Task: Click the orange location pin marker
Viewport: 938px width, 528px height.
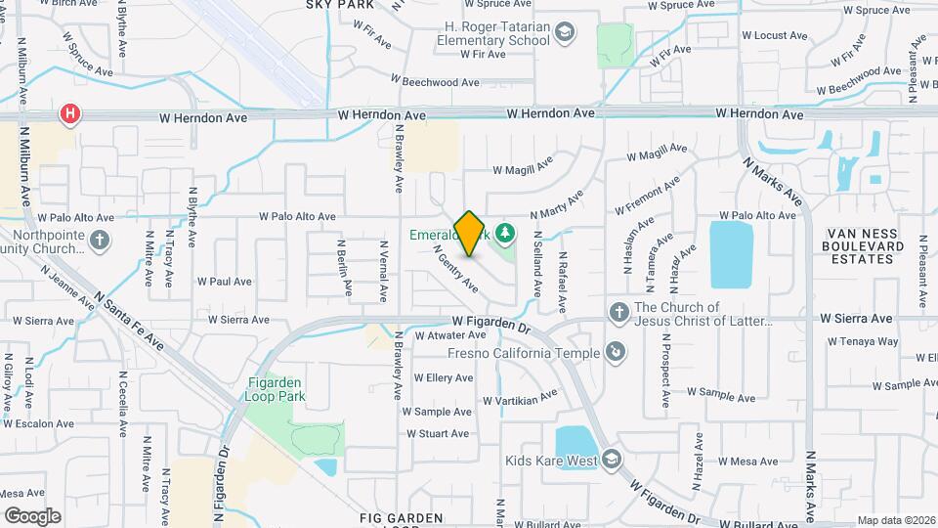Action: pos(470,234)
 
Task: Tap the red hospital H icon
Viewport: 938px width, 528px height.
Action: pos(70,115)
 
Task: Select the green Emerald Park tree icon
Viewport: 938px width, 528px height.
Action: pos(505,233)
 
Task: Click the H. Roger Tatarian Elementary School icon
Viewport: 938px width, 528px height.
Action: pos(565,34)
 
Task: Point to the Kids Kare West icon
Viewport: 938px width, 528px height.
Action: pos(612,461)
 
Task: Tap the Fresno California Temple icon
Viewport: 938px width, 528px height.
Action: pos(616,352)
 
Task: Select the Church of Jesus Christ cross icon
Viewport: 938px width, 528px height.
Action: pos(618,313)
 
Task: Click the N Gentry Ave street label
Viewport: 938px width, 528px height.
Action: pos(455,269)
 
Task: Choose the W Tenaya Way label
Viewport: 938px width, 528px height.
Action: pos(861,342)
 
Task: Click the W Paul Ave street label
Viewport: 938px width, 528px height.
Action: pos(224,282)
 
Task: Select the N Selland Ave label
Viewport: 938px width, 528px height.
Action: pos(537,264)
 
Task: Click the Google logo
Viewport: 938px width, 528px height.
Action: pos(32,515)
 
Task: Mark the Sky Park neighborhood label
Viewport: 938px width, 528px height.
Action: pos(341,5)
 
